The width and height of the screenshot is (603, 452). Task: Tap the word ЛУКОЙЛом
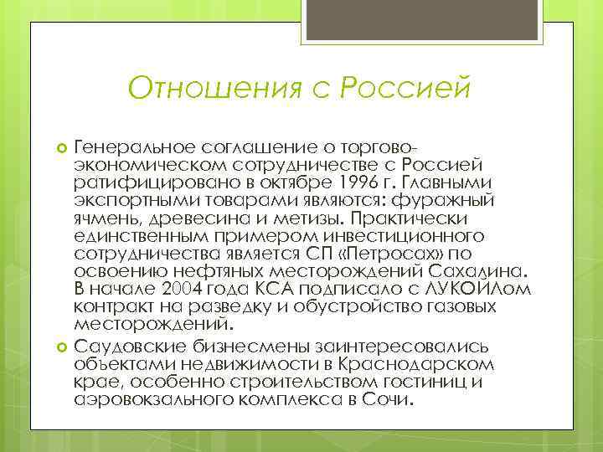[479, 289]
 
